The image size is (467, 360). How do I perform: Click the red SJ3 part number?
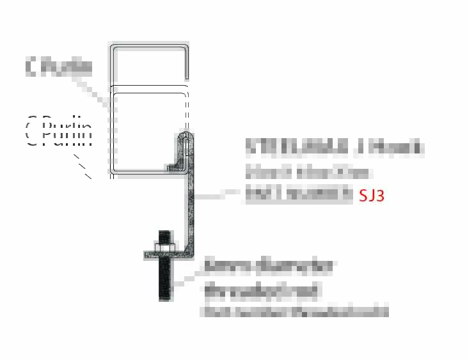pos(372,195)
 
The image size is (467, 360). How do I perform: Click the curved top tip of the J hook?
pos(186,135)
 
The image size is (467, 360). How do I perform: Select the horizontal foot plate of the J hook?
pos(170,256)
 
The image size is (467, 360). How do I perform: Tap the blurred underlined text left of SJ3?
pos(299,194)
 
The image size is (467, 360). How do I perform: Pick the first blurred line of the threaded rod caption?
pos(269,267)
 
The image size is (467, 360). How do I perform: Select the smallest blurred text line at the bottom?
pos(294,313)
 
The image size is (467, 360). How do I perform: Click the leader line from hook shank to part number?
pos(218,194)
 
